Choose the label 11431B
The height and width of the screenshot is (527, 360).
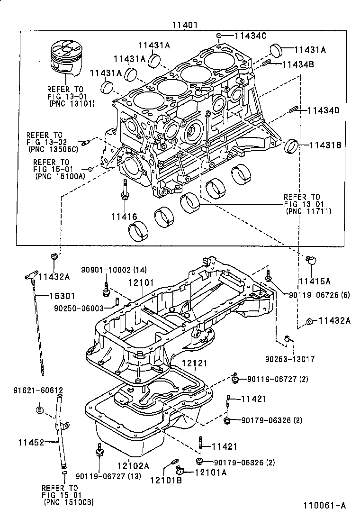[325, 145]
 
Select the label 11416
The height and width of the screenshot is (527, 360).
[124, 217]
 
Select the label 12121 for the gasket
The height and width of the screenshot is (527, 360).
[195, 363]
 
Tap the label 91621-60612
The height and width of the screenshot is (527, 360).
[38, 390]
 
